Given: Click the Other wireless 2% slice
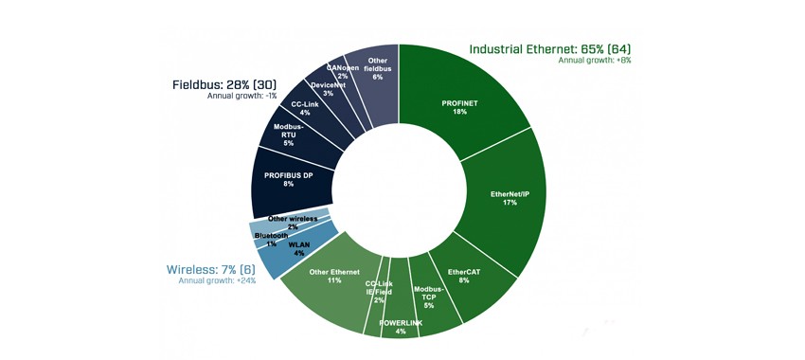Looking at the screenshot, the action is click(x=290, y=219).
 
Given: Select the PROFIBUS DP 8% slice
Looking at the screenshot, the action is click(x=288, y=180).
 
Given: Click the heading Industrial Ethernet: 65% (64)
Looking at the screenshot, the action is click(x=550, y=49).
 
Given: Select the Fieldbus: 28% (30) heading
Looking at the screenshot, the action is click(x=224, y=84).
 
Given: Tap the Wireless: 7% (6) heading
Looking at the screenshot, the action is click(x=211, y=270).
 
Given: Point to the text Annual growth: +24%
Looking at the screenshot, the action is click(x=217, y=281).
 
